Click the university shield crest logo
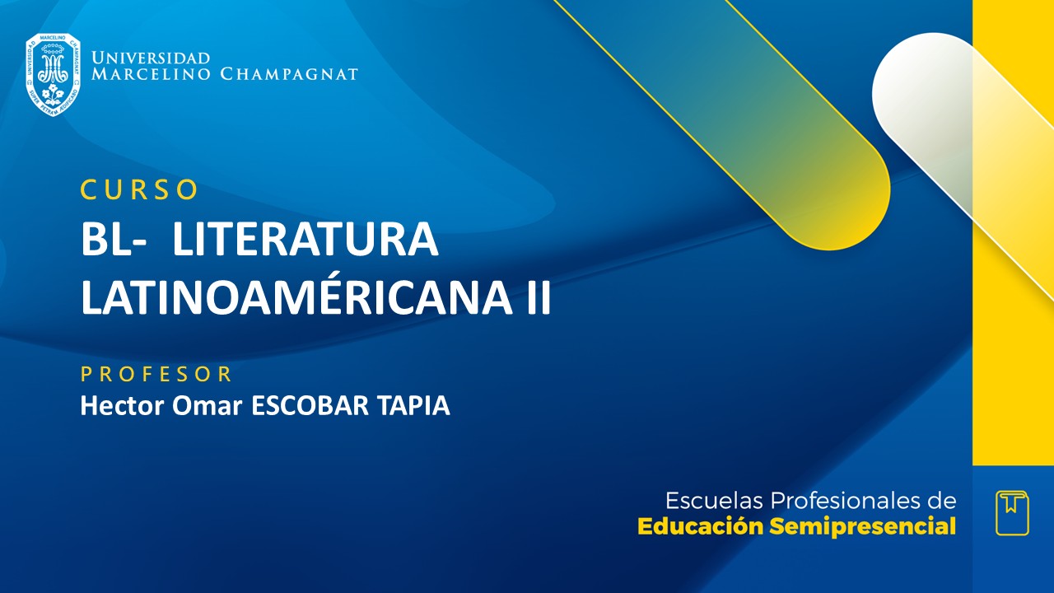coord(53,74)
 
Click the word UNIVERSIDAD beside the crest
coord(151,58)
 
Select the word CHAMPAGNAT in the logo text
coord(289,75)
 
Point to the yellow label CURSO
coord(139,190)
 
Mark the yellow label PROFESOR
coord(156,375)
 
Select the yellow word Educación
coord(701,527)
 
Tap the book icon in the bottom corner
coord(1012,512)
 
